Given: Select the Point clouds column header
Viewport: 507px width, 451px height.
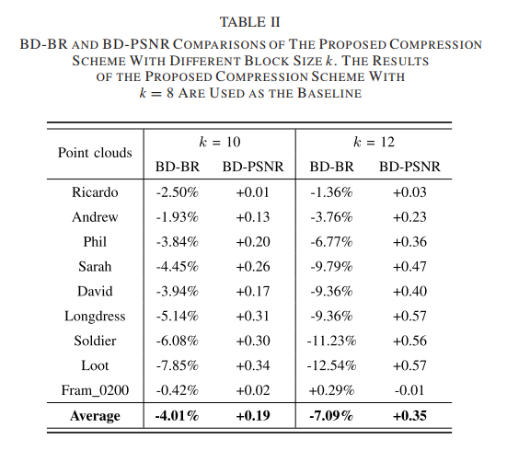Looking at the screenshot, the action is (95, 153).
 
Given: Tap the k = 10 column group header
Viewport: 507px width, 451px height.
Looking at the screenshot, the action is (220, 143).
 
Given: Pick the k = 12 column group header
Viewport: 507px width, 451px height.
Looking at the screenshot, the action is (374, 143).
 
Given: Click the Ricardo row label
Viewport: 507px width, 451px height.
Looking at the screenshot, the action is (95, 191).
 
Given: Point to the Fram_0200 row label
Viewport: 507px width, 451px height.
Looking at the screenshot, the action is (95, 390).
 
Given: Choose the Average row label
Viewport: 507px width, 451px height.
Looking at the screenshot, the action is (95, 416).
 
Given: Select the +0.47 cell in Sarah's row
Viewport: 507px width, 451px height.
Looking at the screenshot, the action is (409, 266).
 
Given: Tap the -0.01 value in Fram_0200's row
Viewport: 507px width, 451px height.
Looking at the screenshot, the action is (409, 390).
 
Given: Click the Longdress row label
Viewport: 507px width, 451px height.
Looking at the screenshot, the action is (95, 316).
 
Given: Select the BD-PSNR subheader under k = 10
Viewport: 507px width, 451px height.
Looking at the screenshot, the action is (253, 167).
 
